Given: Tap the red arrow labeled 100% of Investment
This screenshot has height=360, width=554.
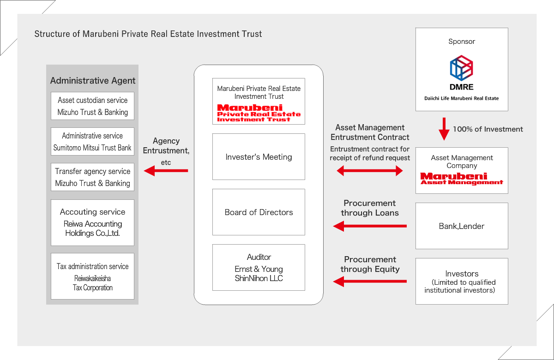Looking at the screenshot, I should (444, 129).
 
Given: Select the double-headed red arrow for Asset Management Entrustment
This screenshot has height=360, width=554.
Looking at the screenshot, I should (370, 171).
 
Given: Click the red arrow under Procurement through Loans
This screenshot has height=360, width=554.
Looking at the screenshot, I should (370, 226).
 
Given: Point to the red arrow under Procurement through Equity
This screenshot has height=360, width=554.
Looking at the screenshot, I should (370, 281).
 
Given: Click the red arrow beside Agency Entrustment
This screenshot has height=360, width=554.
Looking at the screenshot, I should (166, 171).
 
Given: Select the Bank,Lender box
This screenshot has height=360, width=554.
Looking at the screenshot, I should (462, 226).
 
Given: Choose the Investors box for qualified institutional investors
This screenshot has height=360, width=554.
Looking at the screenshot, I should (462, 282).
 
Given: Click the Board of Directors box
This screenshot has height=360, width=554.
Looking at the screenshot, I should (259, 212).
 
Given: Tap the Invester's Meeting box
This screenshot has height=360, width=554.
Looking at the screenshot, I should (259, 157).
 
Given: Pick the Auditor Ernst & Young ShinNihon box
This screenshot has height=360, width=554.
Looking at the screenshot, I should (259, 268).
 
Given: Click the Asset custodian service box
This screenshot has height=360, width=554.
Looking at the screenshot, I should (92, 106).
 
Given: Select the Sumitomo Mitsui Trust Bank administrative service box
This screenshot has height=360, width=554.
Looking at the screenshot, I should (92, 142).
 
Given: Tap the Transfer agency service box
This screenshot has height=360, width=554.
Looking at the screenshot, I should (92, 177).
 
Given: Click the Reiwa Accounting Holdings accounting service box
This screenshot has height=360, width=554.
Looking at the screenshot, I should (92, 222).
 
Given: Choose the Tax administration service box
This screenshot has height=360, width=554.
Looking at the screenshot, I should (92, 276).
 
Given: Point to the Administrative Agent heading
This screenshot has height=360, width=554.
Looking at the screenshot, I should (93, 81).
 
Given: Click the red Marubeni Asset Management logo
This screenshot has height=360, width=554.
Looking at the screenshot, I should (462, 179).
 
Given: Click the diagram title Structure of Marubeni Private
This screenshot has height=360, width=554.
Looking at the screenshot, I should (148, 34).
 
